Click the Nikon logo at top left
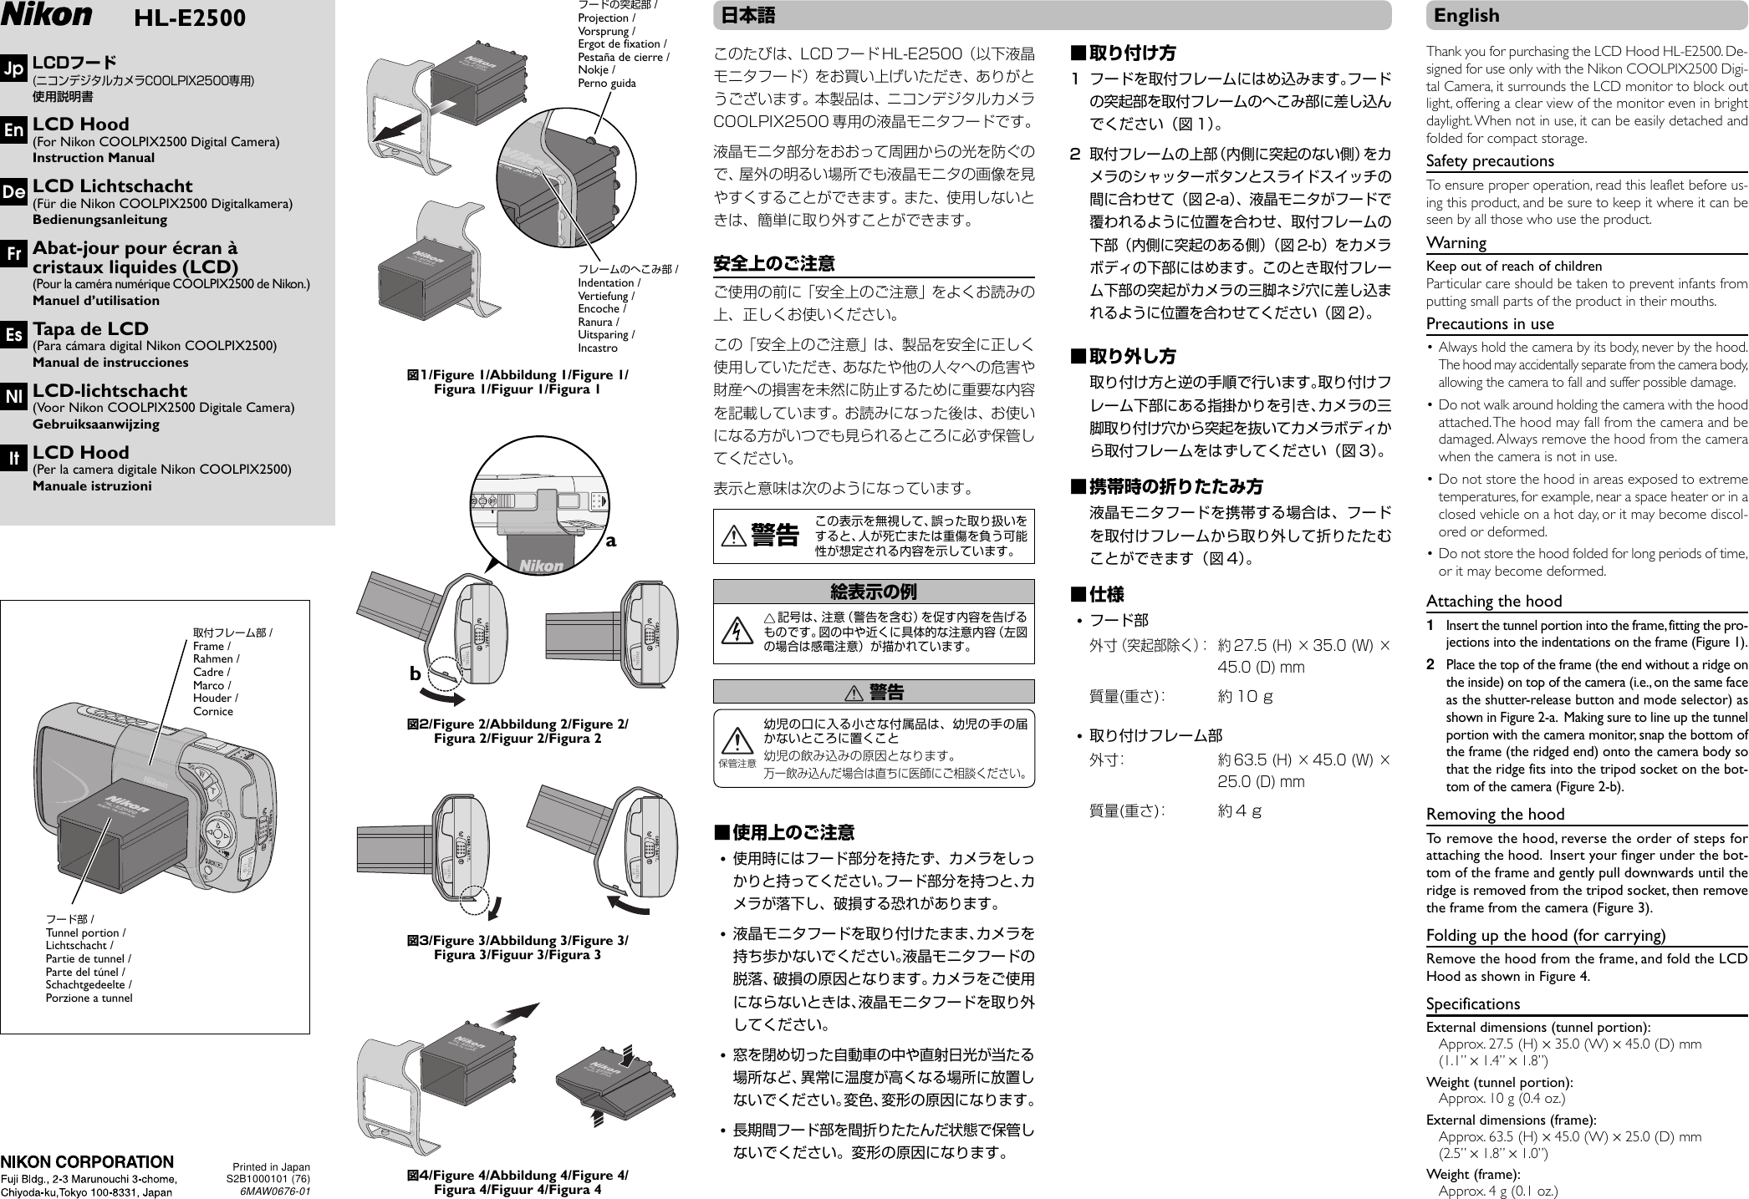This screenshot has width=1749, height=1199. (x=48, y=15)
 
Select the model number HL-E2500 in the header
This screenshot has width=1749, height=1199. (x=191, y=18)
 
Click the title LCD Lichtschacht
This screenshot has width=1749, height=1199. (x=112, y=185)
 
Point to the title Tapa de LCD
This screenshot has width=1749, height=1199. (x=90, y=328)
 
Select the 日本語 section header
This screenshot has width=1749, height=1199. (x=744, y=15)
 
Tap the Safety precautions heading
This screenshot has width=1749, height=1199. (x=1490, y=160)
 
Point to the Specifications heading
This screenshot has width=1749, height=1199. (x=1473, y=1003)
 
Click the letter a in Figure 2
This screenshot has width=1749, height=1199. (x=611, y=540)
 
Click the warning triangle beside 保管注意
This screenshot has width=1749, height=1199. (x=735, y=741)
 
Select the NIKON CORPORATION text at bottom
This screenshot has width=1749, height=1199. (x=87, y=1161)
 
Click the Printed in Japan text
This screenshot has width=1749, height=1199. (x=271, y=1166)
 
